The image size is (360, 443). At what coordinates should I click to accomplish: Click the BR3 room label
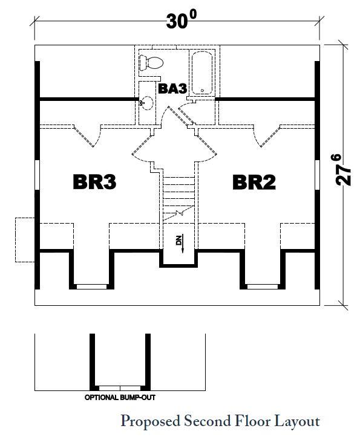pos(94,182)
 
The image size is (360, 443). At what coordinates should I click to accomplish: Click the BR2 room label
pos(254,182)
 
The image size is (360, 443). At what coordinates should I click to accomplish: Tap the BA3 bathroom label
pos(172,88)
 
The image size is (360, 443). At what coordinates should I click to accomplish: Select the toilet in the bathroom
pos(151,63)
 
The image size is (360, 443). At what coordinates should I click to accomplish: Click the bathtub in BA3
pos(202,73)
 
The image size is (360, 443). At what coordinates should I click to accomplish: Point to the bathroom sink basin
pos(147,103)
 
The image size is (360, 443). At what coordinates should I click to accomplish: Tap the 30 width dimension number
pos(177,21)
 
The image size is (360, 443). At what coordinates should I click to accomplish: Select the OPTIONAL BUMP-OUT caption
pos(120,398)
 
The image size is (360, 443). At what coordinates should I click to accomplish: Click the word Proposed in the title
pos(151,422)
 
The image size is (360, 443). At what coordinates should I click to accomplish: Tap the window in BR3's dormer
pos(91,286)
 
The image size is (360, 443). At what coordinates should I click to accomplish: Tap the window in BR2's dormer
pos(263,286)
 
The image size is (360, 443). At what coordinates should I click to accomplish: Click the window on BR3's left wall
pos(37,175)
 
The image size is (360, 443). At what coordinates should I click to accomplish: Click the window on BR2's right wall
pos(317,175)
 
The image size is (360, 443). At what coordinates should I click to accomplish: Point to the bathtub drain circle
pos(202,91)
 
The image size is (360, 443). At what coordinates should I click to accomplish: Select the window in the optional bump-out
pos(120,388)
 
